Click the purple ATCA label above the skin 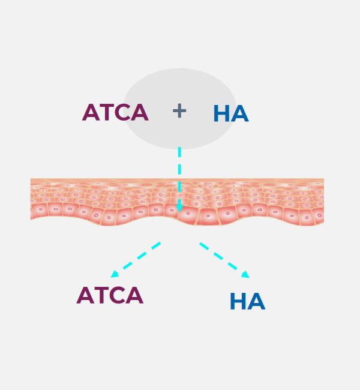115,112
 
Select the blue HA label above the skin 231,113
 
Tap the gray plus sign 179,111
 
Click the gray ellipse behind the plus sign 179,109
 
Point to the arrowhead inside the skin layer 179,208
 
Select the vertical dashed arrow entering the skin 179,179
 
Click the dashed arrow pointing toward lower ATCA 136,260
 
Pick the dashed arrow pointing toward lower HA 224,260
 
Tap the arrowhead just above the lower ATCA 115,274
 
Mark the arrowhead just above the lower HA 245,274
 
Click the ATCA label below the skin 110,295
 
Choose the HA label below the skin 248,301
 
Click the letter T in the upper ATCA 107,112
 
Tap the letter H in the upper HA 221,113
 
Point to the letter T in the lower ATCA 101,295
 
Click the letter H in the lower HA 238,301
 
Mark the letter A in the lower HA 256,301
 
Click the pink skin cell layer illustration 177,202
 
